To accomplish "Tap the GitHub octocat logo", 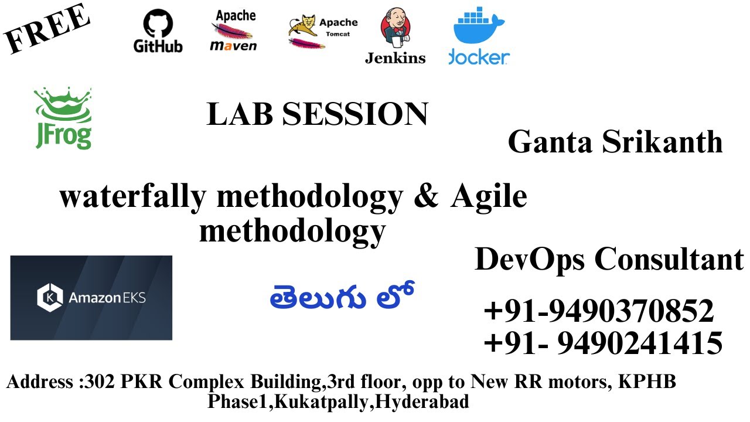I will tap(158, 25).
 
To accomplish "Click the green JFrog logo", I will tap(63, 118).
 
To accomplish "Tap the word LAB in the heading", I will tap(240, 114).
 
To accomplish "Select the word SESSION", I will tap(355, 114).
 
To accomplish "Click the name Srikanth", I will tap(662, 142).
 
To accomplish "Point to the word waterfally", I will tap(132, 197).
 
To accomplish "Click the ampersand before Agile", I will tap(426, 197).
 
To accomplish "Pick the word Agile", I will tap(489, 198).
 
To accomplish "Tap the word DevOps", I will tap(530, 258).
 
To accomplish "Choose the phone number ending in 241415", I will tap(603, 343).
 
